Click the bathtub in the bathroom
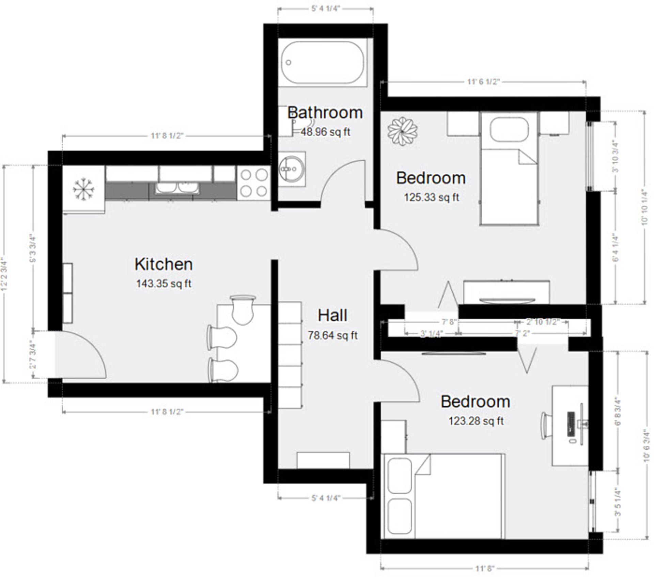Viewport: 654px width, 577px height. [322, 63]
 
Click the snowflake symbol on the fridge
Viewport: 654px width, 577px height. [83, 189]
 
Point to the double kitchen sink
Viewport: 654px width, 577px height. [176, 188]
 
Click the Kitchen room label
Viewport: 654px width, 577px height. [163, 264]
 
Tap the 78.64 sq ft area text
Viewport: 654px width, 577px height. [332, 335]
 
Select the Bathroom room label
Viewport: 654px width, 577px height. [325, 113]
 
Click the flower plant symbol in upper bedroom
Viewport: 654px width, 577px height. [403, 132]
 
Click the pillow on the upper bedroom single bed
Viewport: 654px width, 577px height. [509, 129]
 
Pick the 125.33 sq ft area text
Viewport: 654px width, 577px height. [431, 197]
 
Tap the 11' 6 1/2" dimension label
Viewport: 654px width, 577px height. [483, 82]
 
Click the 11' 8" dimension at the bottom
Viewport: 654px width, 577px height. [485, 568]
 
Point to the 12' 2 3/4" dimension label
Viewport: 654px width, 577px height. [4, 274]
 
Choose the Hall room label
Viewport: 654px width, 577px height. [332, 316]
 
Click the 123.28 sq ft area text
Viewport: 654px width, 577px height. [476, 421]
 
